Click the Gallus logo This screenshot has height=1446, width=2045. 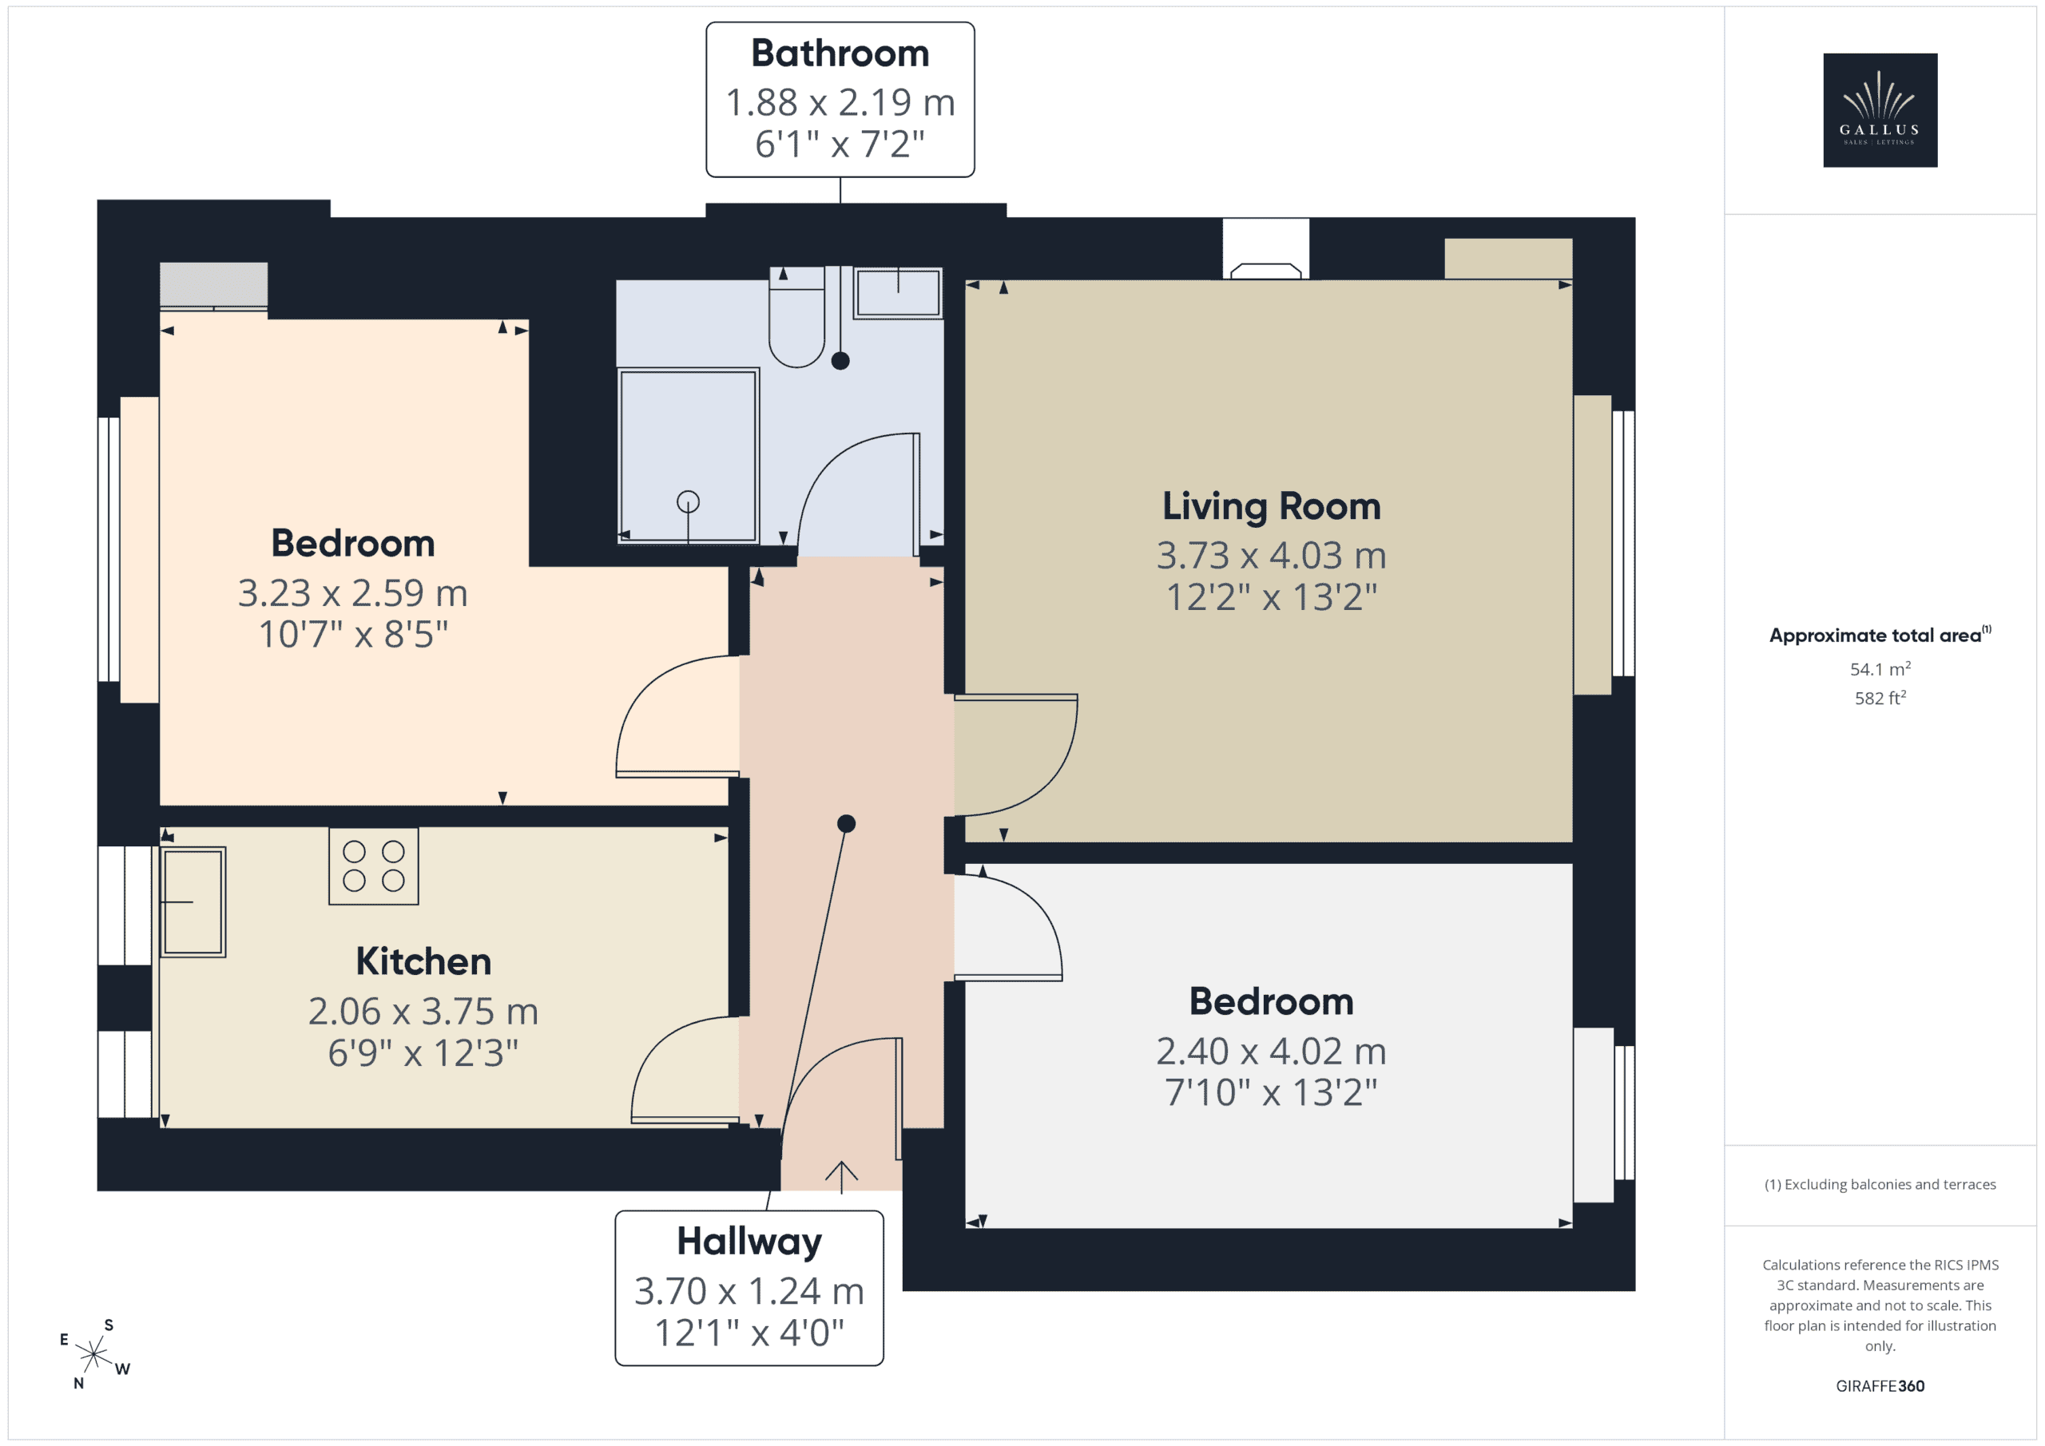1880,110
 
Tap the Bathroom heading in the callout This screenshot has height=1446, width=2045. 840,53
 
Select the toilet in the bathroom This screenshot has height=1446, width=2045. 796,317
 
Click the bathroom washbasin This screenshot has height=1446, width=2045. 898,292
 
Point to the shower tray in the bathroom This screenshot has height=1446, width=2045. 688,456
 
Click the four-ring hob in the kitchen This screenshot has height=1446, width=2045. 373,866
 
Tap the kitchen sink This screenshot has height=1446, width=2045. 193,902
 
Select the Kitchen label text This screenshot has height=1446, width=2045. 423,961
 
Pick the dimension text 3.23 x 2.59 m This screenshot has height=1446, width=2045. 353,593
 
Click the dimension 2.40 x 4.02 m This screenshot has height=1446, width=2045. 1271,1052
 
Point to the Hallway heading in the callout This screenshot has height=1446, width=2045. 749,1242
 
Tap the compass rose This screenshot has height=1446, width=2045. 93,1354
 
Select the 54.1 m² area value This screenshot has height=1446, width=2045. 1880,668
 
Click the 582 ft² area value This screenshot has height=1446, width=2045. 1880,698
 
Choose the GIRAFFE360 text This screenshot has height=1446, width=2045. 1880,1386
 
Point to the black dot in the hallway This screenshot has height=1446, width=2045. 846,824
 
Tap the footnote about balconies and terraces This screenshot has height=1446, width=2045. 1880,1184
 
